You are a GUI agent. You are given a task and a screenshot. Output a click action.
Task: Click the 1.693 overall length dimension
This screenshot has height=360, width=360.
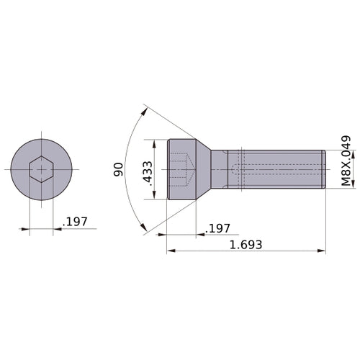pyautogui.click(x=245, y=244)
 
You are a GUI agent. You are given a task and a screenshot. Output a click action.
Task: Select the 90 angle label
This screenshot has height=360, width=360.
pyautogui.click(x=118, y=169)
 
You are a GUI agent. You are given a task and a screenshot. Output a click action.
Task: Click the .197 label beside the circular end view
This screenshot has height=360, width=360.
pyautogui.click(x=75, y=222)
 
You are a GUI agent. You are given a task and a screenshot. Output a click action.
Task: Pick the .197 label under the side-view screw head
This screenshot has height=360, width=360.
pyautogui.click(x=217, y=228)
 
